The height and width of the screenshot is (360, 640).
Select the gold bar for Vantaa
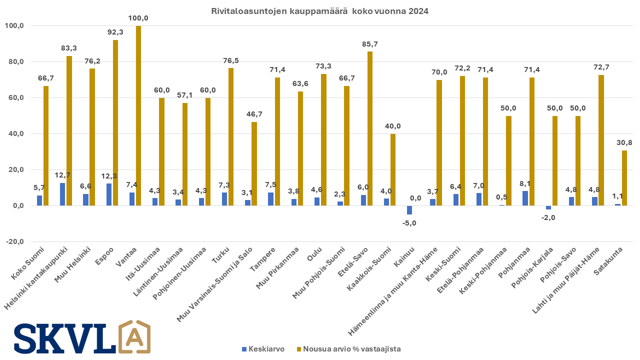click(138, 115)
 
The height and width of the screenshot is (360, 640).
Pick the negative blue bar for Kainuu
click(409, 210)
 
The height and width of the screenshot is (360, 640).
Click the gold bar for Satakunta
click(624, 178)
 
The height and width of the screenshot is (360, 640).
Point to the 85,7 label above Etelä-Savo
click(370, 44)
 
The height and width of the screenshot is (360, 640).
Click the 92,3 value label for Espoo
click(115, 32)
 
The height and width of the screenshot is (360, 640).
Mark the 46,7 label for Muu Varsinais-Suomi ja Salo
click(254, 114)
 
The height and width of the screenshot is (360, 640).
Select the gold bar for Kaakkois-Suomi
click(393, 169)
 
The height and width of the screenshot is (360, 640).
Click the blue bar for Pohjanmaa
click(525, 198)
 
